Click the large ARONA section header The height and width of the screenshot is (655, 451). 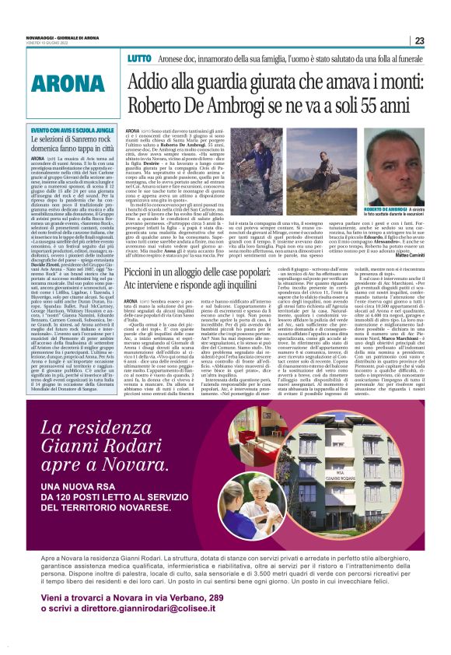coord(65,83)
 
